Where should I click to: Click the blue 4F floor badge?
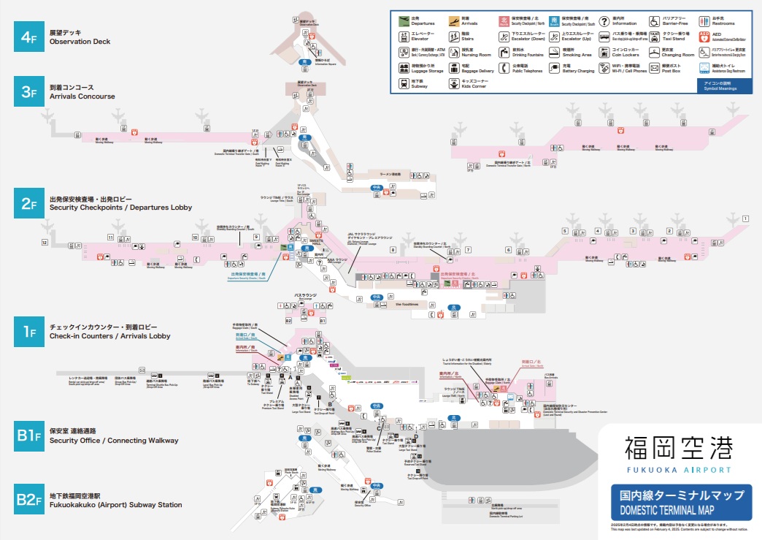coord(28,37)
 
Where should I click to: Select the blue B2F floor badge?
coord(28,499)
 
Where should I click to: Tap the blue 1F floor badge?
coord(28,332)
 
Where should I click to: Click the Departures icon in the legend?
coord(404,21)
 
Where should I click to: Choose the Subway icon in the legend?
coord(404,84)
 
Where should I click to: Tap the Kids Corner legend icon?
coord(454,84)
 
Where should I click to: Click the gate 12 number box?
coord(45,242)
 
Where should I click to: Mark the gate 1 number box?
coord(745,218)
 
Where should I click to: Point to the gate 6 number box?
coord(509,250)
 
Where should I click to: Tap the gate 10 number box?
coord(195,237)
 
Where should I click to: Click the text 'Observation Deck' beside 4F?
coord(80,42)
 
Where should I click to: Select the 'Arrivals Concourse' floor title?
coord(82,96)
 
